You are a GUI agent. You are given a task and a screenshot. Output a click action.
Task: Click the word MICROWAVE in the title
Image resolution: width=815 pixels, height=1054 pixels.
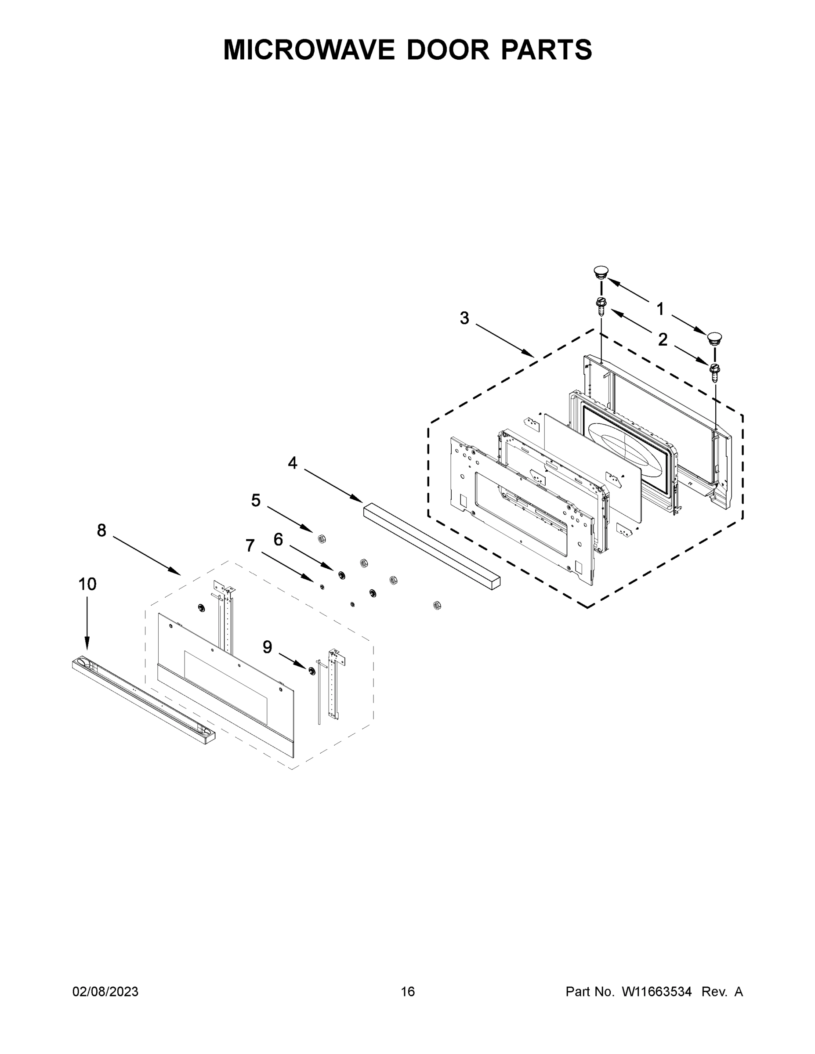click(x=309, y=49)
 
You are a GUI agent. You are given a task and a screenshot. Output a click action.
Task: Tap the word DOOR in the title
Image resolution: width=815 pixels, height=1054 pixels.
click(x=448, y=49)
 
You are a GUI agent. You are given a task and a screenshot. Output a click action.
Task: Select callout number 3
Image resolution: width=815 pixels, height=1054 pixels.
click(x=464, y=318)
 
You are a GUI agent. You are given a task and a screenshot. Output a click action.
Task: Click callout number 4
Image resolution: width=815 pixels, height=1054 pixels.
click(x=293, y=463)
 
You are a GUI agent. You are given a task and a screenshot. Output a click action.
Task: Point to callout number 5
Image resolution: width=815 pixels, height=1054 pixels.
click(x=255, y=501)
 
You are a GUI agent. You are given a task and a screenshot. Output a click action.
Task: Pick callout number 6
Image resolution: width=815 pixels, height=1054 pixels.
click(x=278, y=540)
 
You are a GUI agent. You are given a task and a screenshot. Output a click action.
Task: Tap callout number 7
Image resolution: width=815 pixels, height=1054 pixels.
click(x=250, y=546)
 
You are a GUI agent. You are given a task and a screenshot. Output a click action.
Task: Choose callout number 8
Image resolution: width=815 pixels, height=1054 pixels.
click(x=101, y=531)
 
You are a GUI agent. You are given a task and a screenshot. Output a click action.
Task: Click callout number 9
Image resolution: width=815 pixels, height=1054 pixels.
click(x=267, y=647)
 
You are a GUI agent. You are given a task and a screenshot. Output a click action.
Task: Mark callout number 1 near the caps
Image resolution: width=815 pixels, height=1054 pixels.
click(x=660, y=309)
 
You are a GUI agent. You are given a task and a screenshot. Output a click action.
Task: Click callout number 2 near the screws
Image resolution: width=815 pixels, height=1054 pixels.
click(x=663, y=340)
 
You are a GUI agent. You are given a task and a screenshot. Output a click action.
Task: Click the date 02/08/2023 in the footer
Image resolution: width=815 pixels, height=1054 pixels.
click(x=105, y=991)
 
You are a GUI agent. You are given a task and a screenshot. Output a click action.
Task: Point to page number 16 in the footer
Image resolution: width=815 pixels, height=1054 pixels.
click(x=408, y=991)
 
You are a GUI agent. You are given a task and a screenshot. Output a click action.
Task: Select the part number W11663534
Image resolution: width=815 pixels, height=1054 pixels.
click(x=657, y=991)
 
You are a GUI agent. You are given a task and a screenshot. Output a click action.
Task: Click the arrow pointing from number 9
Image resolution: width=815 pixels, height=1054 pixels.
click(x=293, y=661)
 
